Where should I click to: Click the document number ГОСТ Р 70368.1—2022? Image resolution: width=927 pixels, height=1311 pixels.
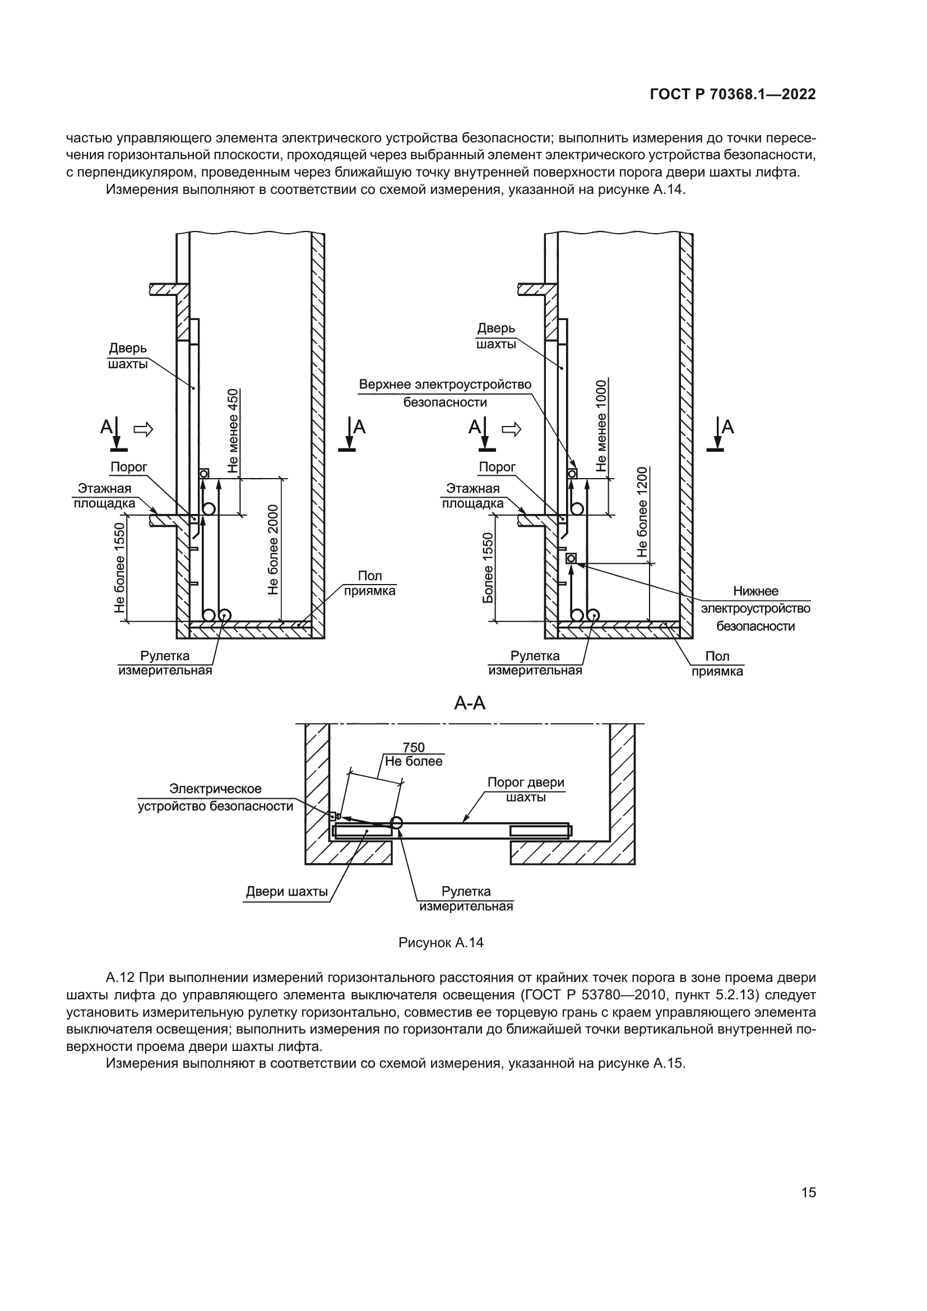(x=733, y=95)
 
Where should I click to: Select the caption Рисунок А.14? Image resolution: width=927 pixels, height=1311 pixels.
(x=441, y=943)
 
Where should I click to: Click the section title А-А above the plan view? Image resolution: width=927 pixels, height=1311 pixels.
(x=470, y=703)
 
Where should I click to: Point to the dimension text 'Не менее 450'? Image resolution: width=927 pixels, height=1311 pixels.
(x=234, y=430)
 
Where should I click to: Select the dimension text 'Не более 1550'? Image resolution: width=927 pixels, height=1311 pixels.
(x=119, y=568)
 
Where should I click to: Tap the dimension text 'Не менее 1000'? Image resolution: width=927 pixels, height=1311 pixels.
(x=601, y=425)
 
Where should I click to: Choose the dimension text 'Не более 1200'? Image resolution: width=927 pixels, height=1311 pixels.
(x=643, y=512)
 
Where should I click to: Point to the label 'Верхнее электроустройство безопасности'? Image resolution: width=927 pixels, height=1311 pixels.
(x=445, y=393)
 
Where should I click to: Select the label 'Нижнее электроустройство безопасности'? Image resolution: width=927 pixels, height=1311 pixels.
(x=755, y=609)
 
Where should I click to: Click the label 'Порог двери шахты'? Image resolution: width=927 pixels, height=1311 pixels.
(x=526, y=790)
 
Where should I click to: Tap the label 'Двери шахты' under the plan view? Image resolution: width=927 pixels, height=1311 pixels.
(x=286, y=892)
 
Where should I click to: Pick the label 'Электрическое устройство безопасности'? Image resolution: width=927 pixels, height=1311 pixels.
(x=216, y=798)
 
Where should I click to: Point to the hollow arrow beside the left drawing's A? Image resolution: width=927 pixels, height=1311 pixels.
(x=143, y=429)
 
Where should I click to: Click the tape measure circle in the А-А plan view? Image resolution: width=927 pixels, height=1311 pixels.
(x=396, y=823)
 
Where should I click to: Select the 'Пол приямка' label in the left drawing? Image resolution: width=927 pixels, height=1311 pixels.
(x=369, y=583)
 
